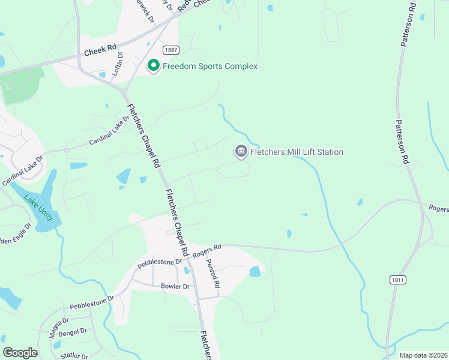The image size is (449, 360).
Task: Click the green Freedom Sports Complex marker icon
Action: click(153, 65)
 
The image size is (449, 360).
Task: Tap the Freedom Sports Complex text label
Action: click(210, 66)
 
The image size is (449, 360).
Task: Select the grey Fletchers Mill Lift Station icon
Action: click(241, 151)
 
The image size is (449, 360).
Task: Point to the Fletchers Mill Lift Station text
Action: click(297, 152)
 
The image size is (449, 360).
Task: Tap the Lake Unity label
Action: click(38, 207)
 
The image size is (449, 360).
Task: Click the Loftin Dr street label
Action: click(119, 63)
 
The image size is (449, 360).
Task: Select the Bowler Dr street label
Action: click(175, 286)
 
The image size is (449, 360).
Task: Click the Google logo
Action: click(20, 353)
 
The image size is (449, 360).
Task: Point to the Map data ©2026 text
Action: click(423, 355)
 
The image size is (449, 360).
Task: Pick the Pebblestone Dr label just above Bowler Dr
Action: click(160, 262)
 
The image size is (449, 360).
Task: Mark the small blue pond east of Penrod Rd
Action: click(255, 272)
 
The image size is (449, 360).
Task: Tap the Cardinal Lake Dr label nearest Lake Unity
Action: click(23, 171)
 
